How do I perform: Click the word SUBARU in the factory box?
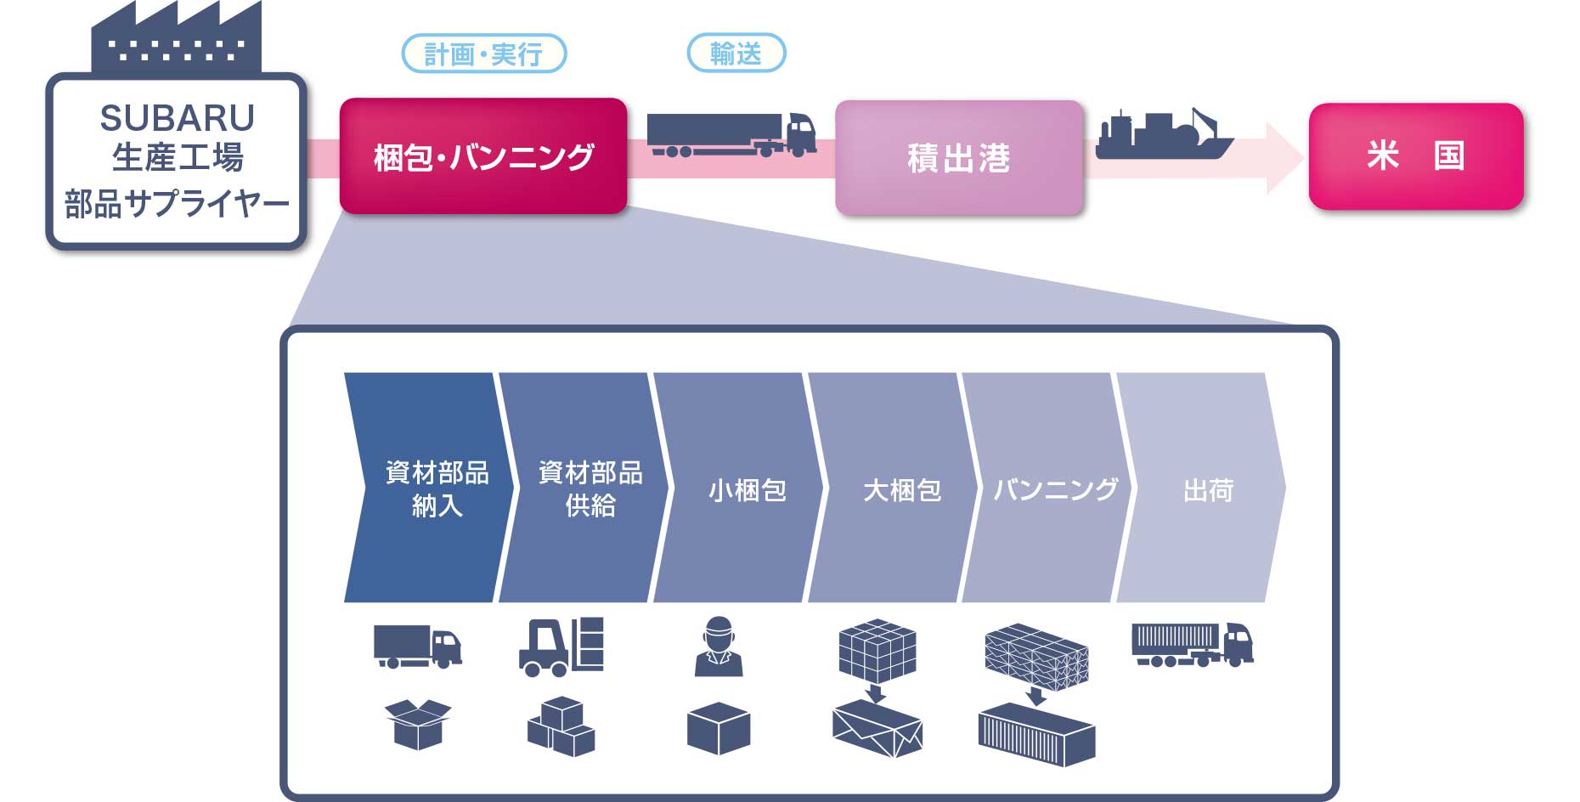(x=177, y=118)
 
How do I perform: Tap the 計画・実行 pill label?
(x=483, y=54)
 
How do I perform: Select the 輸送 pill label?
(x=736, y=54)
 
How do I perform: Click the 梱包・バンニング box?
(x=483, y=156)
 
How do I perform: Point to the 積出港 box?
(x=959, y=158)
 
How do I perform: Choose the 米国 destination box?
(x=1415, y=156)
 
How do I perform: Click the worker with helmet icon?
(x=719, y=647)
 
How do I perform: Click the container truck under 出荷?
(x=1192, y=645)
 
